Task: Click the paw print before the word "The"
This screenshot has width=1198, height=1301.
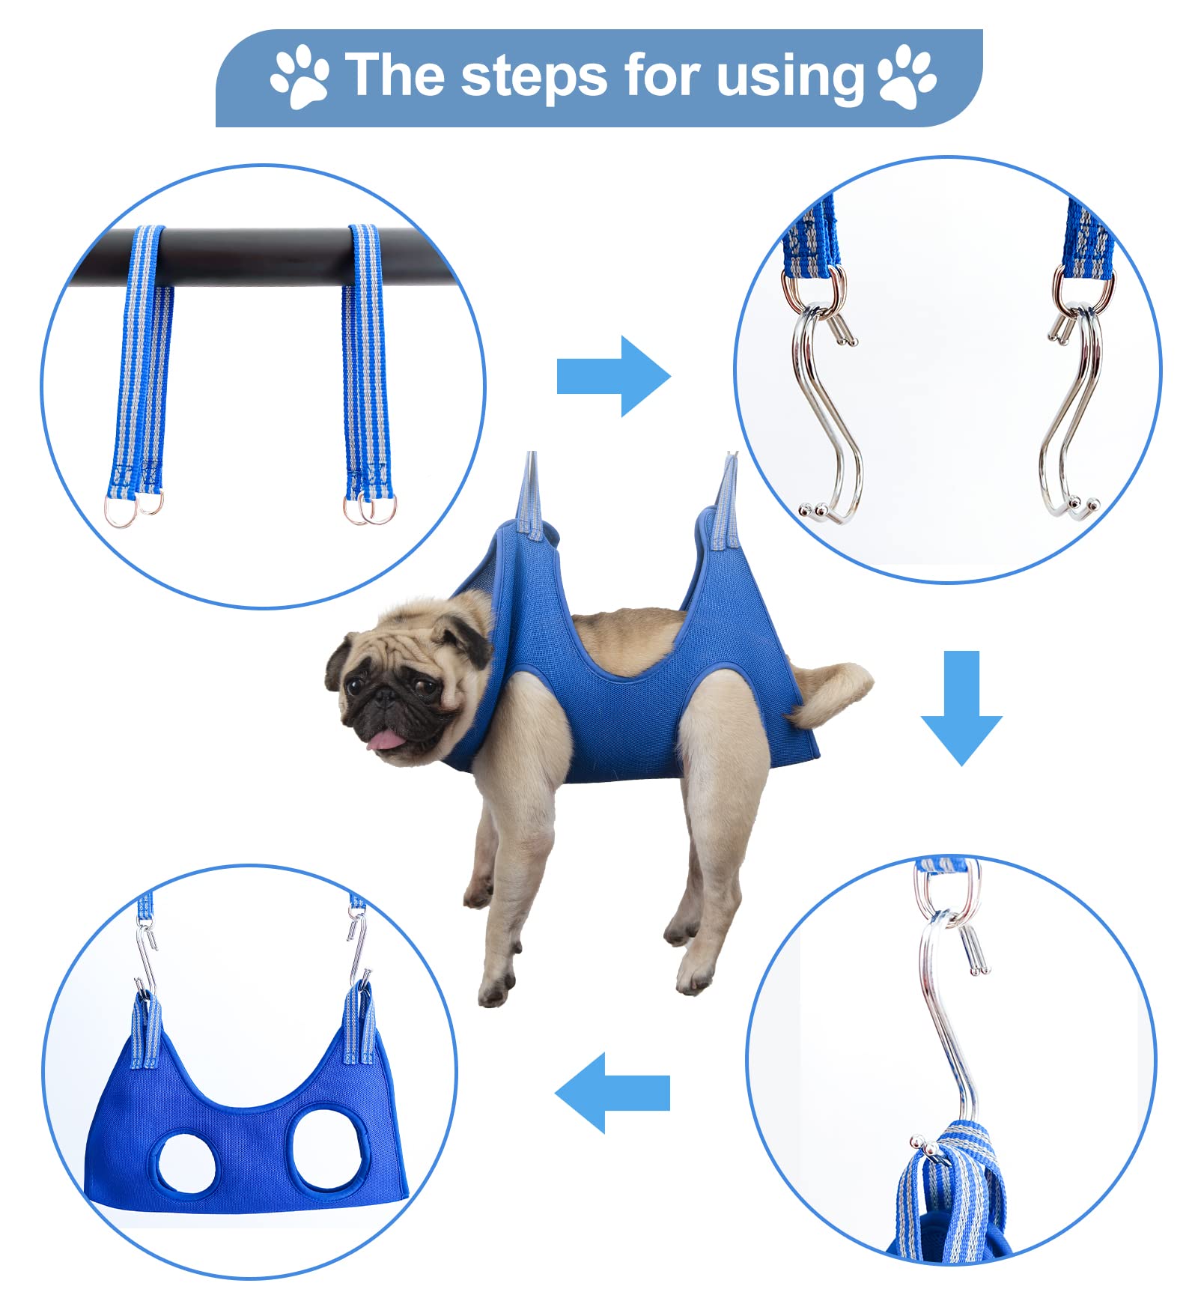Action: (299, 76)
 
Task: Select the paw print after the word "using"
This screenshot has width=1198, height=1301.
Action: (906, 76)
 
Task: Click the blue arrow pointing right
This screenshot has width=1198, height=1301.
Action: (612, 376)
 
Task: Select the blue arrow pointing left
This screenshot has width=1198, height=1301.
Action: (612, 1092)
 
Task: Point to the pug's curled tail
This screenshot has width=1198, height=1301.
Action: (831, 693)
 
